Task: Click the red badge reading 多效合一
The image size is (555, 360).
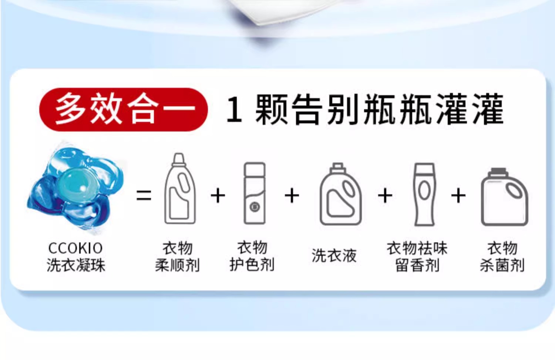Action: click(x=123, y=109)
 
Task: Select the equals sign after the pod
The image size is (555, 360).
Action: click(x=144, y=195)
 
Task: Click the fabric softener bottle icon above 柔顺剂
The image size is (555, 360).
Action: click(x=180, y=189)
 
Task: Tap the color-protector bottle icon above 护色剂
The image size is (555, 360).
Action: click(x=255, y=193)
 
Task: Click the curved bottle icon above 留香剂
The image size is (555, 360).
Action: click(x=425, y=194)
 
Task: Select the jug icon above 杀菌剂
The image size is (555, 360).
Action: click(x=504, y=197)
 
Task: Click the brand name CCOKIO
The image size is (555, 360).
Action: click(x=75, y=248)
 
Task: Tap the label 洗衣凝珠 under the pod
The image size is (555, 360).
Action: click(x=76, y=265)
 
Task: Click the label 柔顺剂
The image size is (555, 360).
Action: click(x=177, y=265)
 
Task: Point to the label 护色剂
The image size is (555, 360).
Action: click(x=252, y=265)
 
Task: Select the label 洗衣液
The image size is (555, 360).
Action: click(x=334, y=255)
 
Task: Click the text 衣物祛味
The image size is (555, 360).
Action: click(x=417, y=248)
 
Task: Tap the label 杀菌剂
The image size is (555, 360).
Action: click(x=502, y=265)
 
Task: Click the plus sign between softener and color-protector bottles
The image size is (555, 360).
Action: click(x=218, y=195)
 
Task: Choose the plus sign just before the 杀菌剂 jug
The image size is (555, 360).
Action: click(x=458, y=195)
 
